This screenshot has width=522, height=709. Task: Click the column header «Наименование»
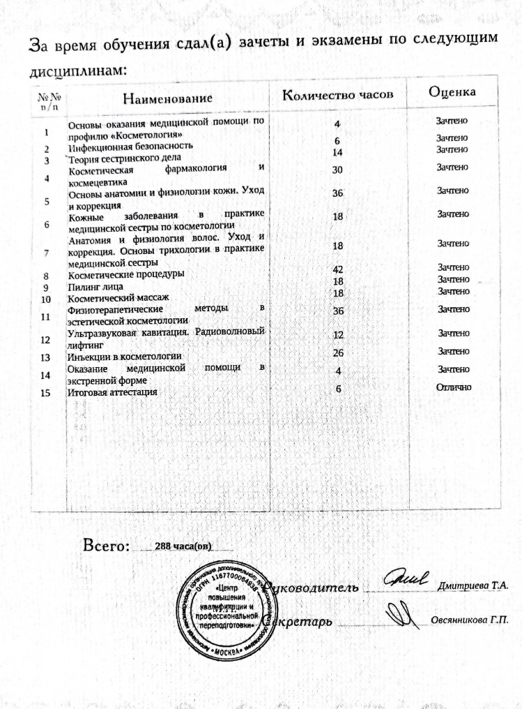tap(167, 98)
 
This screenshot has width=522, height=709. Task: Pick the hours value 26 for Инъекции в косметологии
tap(339, 353)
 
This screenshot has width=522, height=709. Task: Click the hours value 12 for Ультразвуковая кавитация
tap(339, 335)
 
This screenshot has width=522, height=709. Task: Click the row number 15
tap(46, 392)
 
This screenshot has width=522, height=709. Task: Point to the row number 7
tap(46, 253)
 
